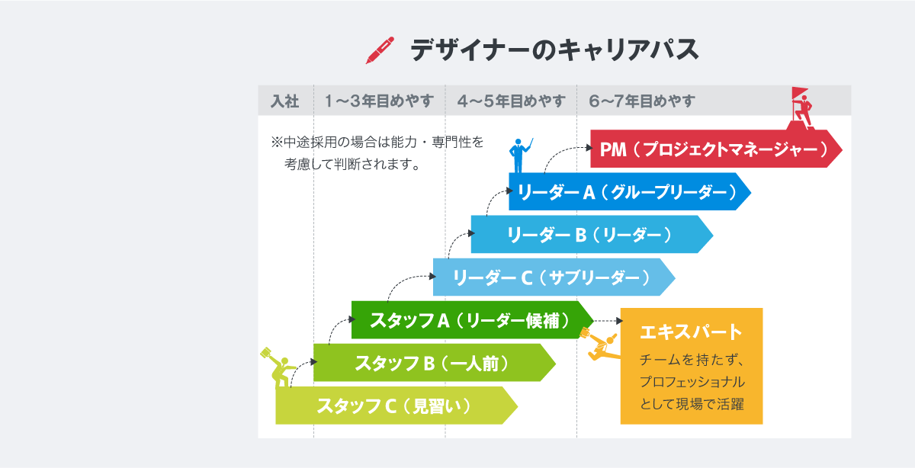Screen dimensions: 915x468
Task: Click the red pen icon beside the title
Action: tap(380, 50)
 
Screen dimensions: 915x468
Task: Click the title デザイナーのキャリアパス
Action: tap(554, 50)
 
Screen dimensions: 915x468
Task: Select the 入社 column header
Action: tap(284, 101)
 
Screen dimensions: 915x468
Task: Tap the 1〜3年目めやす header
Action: tap(379, 101)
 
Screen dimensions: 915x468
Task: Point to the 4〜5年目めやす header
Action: tap(511, 101)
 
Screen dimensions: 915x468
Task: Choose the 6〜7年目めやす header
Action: tap(642, 101)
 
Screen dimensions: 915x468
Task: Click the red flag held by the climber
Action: tap(799, 93)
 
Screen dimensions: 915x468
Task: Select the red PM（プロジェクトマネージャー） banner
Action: tap(716, 149)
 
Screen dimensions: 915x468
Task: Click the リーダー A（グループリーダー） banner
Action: tap(630, 191)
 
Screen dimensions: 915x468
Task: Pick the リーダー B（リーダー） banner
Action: tap(592, 235)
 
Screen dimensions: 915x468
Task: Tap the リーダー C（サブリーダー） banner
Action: tap(554, 277)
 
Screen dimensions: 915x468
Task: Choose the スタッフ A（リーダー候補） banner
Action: tap(472, 320)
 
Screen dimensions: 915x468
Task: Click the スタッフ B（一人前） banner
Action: tap(434, 363)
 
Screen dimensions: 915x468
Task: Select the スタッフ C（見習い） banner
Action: tap(396, 406)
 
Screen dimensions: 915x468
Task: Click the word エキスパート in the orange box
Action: tap(691, 332)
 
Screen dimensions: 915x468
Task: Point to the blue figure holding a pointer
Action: tap(519, 155)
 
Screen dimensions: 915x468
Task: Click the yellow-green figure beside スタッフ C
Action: tap(278, 367)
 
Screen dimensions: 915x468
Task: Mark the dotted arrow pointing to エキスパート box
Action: tap(608, 321)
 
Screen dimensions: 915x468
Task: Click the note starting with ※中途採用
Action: tap(377, 153)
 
